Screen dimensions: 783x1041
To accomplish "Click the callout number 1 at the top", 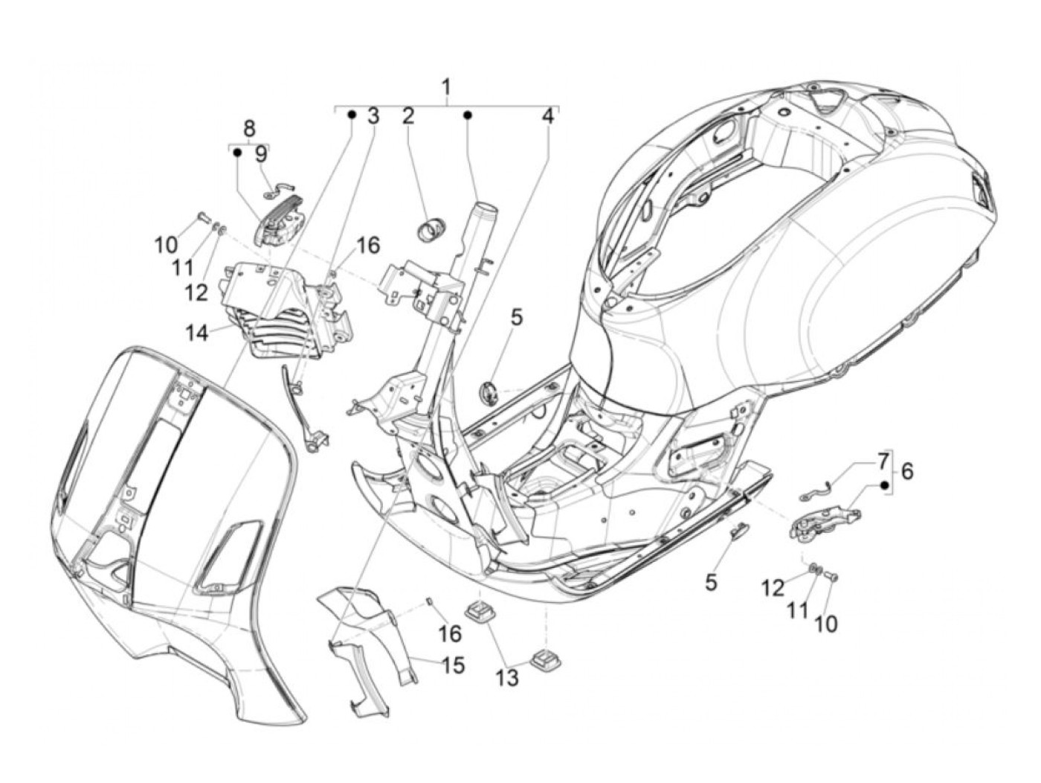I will coord(445,87).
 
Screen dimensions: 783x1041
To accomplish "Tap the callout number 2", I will coord(407,116).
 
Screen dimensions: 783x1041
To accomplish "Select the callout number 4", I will coord(547,116).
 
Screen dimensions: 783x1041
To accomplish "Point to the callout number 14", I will coord(196,333).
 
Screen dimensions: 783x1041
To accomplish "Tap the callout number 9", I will coord(260,154).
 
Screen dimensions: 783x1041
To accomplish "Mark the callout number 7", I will coord(883,461).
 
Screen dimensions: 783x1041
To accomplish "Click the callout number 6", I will coord(908,471).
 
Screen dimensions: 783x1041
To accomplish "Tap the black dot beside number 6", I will coord(885,485).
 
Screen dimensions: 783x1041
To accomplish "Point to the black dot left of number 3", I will coord(352,115).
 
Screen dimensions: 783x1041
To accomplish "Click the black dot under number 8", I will coord(236,152).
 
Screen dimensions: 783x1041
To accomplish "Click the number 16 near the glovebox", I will coord(367,245).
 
